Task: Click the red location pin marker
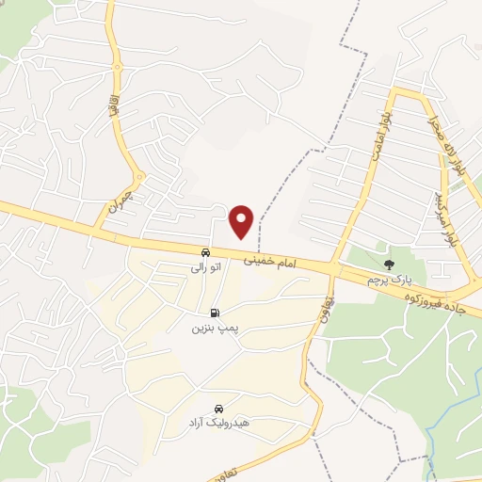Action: click(242, 220)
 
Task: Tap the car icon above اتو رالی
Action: click(204, 252)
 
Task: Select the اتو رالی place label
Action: click(204, 268)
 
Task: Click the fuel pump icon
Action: click(216, 313)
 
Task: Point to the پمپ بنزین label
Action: click(211, 329)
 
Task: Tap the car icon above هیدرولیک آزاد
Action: click(218, 409)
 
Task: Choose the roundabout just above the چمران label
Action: click(138, 175)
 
